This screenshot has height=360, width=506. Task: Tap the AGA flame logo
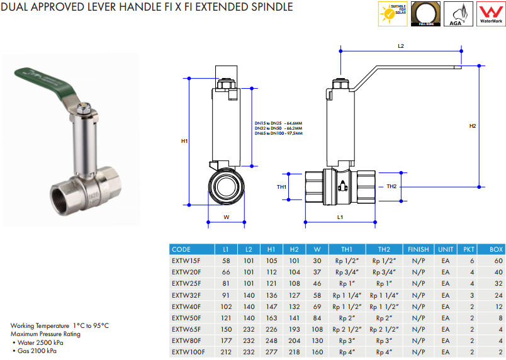pyautogui.click(x=458, y=14)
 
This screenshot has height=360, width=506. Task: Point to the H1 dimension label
pyautogui.click(x=184, y=141)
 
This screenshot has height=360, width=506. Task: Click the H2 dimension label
pyautogui.click(x=473, y=127)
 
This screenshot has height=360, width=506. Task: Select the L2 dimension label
pyautogui.click(x=400, y=46)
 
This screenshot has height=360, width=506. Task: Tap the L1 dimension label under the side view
pyautogui.click(x=340, y=217)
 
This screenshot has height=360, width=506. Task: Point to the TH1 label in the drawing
pyautogui.click(x=282, y=187)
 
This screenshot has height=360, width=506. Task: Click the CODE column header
pyautogui.click(x=181, y=249)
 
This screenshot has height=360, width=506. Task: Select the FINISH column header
pyautogui.click(x=419, y=249)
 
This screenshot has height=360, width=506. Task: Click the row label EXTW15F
pyautogui.click(x=186, y=261)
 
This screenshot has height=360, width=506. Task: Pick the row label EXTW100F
pyautogui.click(x=188, y=352)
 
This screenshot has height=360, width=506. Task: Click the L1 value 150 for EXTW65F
pyautogui.click(x=226, y=329)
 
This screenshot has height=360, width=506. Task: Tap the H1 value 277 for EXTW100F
pyautogui.click(x=271, y=352)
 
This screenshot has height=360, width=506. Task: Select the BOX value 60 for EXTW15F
pyautogui.click(x=498, y=261)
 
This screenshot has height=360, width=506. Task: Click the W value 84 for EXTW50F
pyautogui.click(x=317, y=318)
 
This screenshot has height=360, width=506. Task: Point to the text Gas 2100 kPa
pyautogui.click(x=38, y=350)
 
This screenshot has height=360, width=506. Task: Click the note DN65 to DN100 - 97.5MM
pyautogui.click(x=278, y=133)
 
